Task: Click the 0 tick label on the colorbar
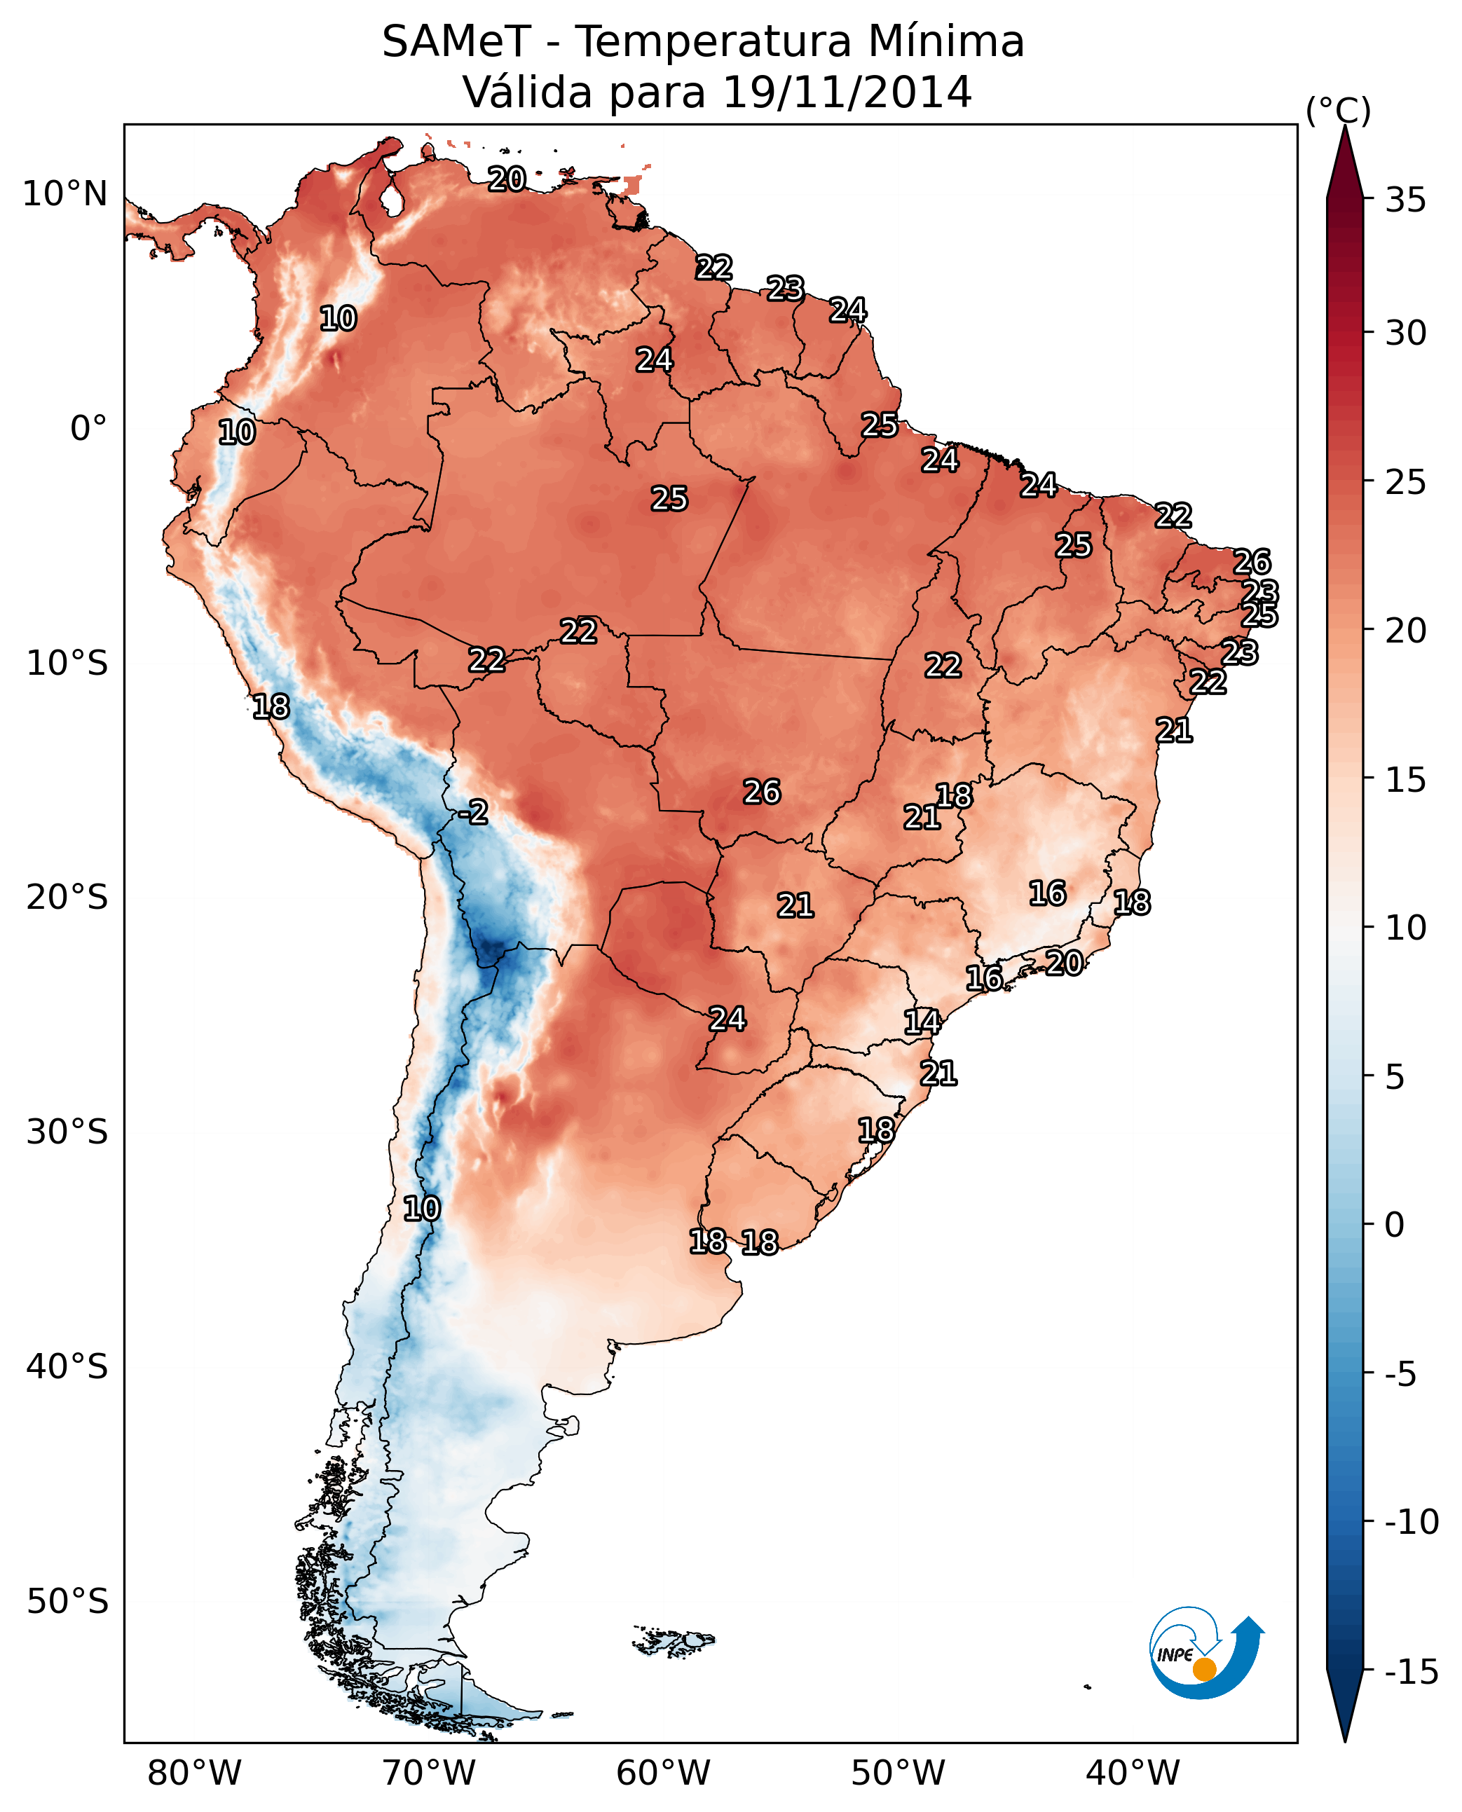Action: pyautogui.click(x=1395, y=1225)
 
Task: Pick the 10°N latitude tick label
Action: pyautogui.click(x=65, y=195)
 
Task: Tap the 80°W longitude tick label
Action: pyautogui.click(x=195, y=1773)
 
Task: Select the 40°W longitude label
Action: pyautogui.click(x=1133, y=1773)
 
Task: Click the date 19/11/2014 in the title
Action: pyautogui.click(x=847, y=92)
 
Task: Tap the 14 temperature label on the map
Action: pyautogui.click(x=922, y=1022)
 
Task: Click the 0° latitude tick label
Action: pyautogui.click(x=88, y=429)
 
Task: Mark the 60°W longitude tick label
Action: pyautogui.click(x=664, y=1773)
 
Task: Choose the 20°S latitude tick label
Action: pyautogui.click(x=67, y=898)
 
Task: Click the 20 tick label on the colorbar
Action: pyautogui.click(x=1405, y=630)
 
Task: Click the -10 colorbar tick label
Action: pyautogui.click(x=1412, y=1523)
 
